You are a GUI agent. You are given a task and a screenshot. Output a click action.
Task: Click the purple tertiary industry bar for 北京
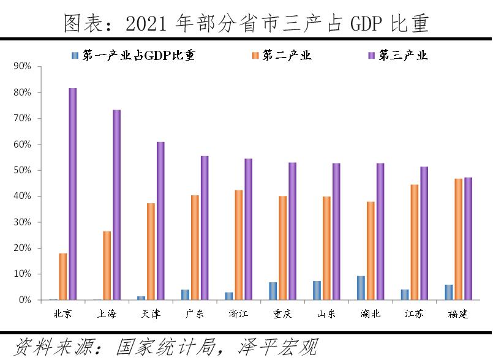pos(72,194)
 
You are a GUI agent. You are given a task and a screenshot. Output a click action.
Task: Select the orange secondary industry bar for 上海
pos(107,266)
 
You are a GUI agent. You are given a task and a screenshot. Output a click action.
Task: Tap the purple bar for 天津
pos(160,221)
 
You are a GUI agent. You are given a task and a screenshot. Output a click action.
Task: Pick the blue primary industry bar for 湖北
pos(361,288)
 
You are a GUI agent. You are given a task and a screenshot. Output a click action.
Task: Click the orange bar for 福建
pos(459,239)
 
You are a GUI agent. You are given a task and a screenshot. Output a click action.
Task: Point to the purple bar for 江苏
pos(424,233)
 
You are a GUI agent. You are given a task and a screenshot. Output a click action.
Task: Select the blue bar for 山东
pos(317,291)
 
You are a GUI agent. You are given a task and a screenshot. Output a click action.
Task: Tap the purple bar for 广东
pos(205,228)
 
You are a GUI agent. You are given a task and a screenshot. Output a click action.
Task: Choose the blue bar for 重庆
pos(273,291)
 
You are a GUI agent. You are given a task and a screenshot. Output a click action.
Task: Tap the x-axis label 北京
pos(62,314)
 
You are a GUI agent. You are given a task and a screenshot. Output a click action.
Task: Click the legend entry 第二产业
pos(287,55)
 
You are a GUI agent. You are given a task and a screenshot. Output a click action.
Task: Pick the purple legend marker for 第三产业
pos(371,55)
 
